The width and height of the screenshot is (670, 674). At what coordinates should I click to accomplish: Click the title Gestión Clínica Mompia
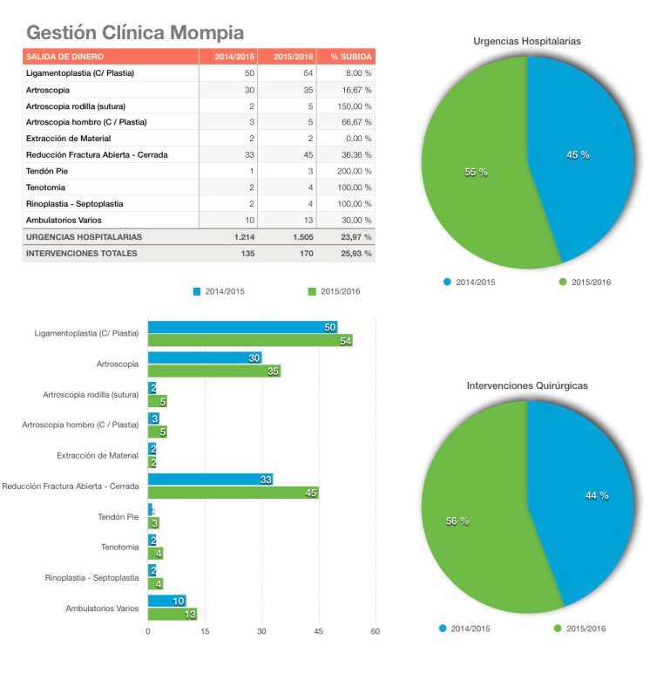point(135,33)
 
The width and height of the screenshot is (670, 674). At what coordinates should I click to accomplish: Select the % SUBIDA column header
point(351,57)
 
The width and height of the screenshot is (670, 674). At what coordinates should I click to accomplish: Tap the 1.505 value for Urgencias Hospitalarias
point(297,236)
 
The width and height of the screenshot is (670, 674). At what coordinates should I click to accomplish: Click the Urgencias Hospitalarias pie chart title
point(527,41)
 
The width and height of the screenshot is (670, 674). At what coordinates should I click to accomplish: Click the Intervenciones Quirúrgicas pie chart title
point(527,385)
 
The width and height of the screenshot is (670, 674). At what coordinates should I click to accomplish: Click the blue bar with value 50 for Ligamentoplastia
point(242,327)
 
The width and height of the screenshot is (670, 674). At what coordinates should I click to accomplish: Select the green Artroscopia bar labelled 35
point(213,371)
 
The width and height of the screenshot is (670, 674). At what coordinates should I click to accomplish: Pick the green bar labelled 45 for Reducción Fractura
point(233,493)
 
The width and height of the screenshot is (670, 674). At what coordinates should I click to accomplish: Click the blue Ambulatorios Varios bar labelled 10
point(166,601)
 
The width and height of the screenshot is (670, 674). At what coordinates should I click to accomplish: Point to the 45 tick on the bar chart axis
point(318,631)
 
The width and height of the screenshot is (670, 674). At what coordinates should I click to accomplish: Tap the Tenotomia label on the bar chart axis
point(119,547)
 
